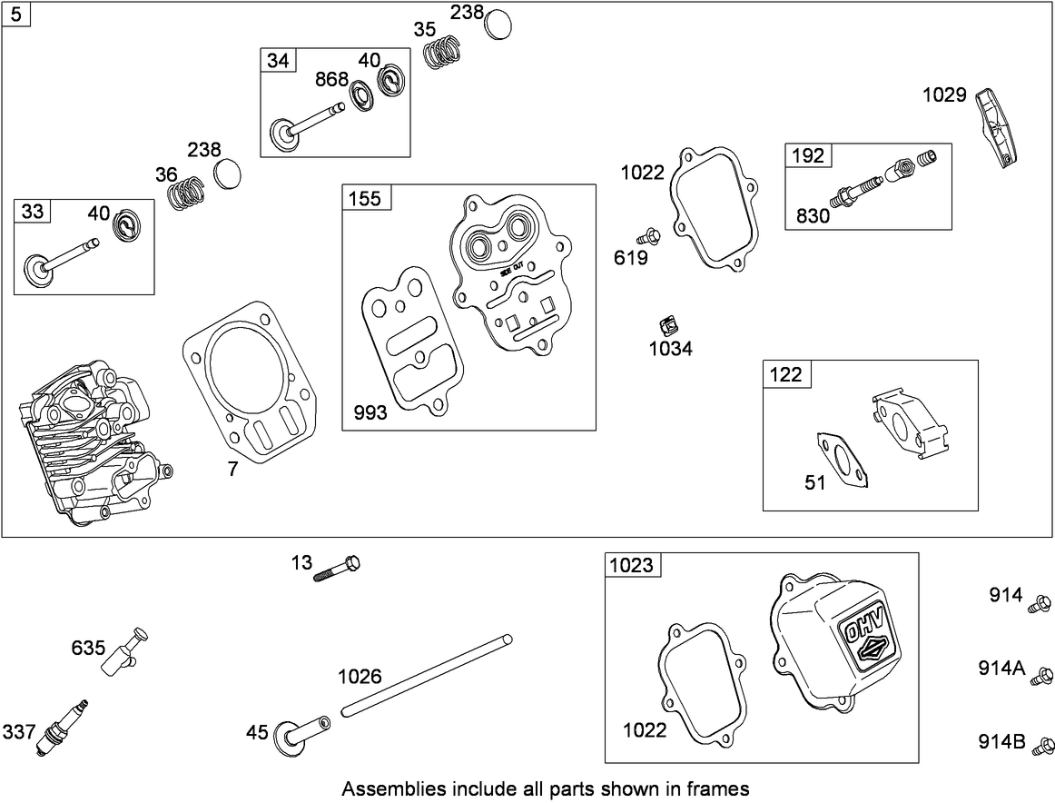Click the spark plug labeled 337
[x=62, y=727]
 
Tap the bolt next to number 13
[x=338, y=569]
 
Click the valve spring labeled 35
[x=442, y=51]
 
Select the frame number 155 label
[x=364, y=198]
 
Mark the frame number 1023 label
[x=631, y=565]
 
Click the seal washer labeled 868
[x=360, y=95]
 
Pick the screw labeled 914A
[x=1043, y=674]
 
